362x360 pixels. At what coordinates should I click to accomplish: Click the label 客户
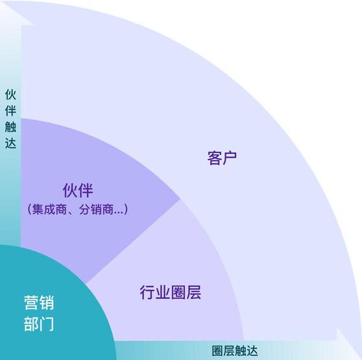(222, 158)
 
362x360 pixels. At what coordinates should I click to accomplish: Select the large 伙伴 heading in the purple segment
(78, 191)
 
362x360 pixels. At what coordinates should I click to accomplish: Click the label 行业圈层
(171, 292)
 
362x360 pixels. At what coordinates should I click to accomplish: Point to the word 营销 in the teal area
(39, 302)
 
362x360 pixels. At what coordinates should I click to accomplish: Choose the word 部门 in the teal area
(39, 324)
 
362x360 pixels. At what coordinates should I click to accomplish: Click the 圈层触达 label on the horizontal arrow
(235, 351)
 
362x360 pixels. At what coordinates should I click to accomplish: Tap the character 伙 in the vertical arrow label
(10, 95)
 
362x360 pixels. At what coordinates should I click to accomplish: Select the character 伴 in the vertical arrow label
(10, 111)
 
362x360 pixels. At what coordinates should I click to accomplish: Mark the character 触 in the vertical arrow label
(10, 127)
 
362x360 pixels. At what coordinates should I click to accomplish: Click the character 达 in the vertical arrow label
(10, 143)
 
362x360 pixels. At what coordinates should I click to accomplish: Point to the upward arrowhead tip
(1, 1)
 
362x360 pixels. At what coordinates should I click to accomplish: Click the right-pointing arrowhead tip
(361, 359)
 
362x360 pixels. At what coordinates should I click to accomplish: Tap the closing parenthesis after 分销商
(126, 210)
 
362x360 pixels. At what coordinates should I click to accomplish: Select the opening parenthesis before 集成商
(29, 210)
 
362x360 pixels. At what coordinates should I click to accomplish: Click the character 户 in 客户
(230, 158)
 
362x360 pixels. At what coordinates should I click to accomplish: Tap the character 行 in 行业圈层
(147, 292)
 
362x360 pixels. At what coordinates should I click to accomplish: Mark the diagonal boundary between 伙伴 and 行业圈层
(133, 241)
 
